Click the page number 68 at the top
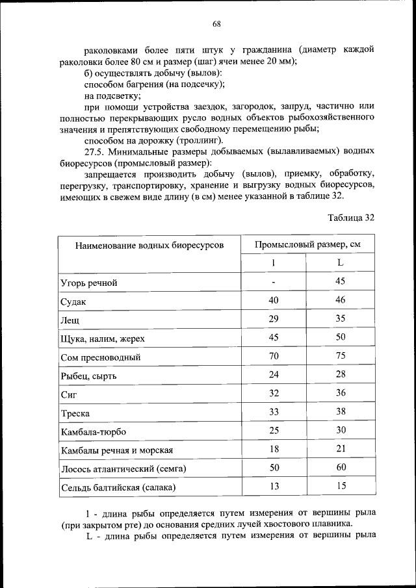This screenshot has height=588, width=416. tap(217, 24)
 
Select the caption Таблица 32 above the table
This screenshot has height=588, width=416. tap(352, 218)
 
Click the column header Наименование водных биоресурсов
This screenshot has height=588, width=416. tap(149, 246)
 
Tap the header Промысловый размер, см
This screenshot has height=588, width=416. tap(307, 245)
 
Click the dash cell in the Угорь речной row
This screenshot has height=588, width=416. tap(274, 282)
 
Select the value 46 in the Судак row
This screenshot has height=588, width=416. tap(340, 300)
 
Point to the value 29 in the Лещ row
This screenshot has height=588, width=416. tap(274, 318)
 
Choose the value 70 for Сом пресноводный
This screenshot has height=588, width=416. tap(274, 355)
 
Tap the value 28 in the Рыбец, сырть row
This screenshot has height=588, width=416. tap(340, 374)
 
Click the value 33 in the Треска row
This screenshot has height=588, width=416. tap(274, 411)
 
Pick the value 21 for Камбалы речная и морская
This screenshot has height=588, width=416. tap(340, 448)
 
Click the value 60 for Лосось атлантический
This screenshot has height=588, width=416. tap(340, 467)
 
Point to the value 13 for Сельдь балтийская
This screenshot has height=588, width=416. tap(274, 486)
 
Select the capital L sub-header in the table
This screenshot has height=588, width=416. tap(340, 263)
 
